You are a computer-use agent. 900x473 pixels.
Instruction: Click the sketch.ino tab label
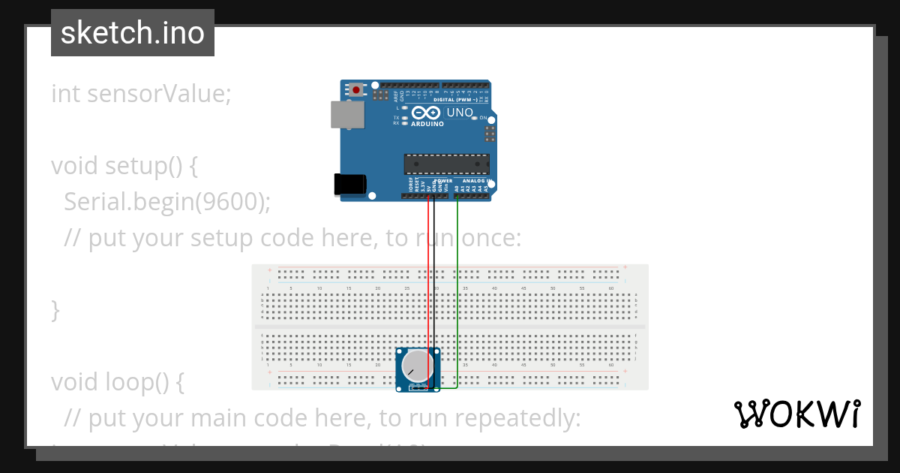click(133, 33)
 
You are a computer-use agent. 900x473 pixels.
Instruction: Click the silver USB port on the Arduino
click(347, 115)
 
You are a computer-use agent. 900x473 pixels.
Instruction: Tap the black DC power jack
click(349, 185)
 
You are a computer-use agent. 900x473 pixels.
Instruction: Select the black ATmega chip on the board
click(447, 164)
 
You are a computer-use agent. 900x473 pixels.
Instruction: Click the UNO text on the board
click(460, 113)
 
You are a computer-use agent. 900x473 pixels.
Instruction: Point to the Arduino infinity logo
click(426, 113)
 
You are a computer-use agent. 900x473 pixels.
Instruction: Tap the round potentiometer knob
click(416, 365)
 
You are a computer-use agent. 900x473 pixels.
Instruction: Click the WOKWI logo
click(796, 414)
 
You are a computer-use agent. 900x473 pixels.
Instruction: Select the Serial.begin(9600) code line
click(166, 201)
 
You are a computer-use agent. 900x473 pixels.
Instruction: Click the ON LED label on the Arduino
click(484, 119)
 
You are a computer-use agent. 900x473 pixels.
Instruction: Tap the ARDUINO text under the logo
click(427, 124)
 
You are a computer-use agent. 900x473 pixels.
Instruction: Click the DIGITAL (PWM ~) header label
click(459, 99)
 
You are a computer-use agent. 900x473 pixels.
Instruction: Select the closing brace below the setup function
click(55, 310)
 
